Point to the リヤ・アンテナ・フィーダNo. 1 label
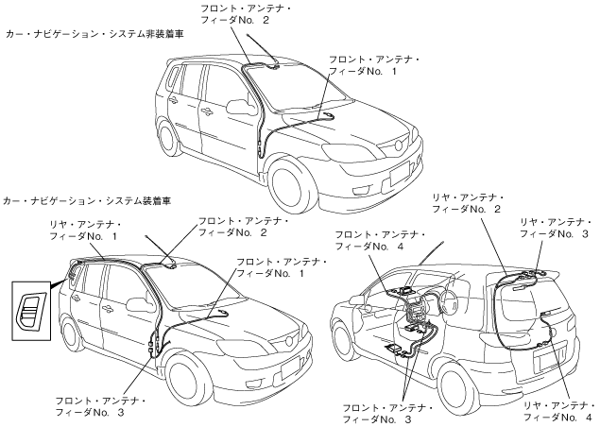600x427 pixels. pyautogui.click(x=84, y=229)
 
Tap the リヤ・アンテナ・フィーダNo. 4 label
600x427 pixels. pyautogui.click(x=557, y=409)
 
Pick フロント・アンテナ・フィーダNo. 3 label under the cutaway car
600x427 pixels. pyautogui.click(x=390, y=412)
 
